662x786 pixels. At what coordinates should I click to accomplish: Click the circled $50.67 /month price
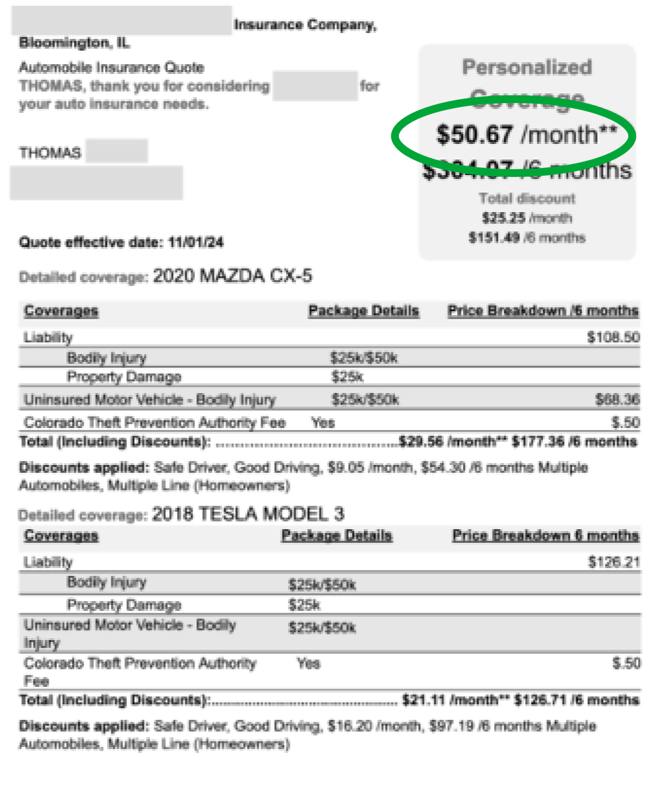(526, 134)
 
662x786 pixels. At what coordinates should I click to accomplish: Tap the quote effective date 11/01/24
(196, 243)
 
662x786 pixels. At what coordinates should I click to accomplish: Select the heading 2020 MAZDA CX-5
(232, 276)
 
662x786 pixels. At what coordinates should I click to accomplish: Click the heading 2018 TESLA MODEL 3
(248, 514)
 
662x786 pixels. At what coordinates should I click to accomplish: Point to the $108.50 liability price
(613, 337)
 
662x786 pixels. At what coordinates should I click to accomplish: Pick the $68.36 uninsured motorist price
(617, 399)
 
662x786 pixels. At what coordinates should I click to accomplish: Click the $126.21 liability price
(613, 562)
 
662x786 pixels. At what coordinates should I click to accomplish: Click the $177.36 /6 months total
(574, 442)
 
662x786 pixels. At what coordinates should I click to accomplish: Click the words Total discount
(526, 198)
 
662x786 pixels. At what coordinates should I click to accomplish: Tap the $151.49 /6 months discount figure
(526, 238)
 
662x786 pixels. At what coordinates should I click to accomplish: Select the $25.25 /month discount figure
(526, 218)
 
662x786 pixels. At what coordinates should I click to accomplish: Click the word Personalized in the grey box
(526, 67)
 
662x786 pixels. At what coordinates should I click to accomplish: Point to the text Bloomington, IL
(74, 43)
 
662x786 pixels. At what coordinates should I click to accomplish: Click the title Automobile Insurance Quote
(111, 67)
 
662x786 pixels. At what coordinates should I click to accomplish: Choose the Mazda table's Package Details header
(363, 311)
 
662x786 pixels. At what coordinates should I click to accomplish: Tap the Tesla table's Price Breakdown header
(545, 536)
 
